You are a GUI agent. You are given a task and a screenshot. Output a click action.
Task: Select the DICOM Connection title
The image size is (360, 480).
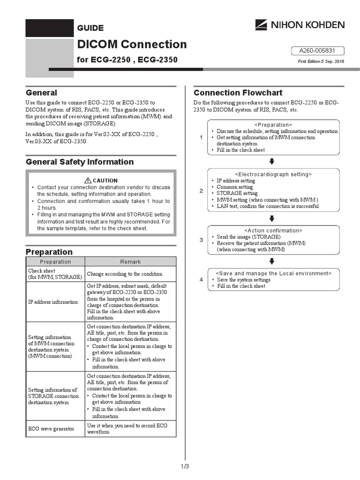pos(132,45)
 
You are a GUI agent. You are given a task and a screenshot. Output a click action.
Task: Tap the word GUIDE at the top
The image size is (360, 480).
pos(90,28)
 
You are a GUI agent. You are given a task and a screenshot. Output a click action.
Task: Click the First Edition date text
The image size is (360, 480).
pos(321,62)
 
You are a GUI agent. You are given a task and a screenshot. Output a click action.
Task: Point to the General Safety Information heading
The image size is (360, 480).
pos(80,162)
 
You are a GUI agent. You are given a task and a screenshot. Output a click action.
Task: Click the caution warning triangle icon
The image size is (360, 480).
pos(88,180)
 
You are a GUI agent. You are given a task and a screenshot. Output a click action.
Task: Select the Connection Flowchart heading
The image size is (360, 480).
pos(238,92)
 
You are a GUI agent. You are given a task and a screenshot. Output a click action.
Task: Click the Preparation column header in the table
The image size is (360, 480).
pos(55,262)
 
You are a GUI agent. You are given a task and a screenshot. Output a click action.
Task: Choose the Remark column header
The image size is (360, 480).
pos(130,262)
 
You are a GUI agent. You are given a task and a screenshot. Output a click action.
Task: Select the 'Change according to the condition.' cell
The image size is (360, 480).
pos(125,274)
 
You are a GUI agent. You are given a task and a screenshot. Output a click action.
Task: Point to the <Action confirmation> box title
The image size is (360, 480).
pos(273,231)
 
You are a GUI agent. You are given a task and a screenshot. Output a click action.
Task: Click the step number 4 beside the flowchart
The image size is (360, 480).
pos(201,280)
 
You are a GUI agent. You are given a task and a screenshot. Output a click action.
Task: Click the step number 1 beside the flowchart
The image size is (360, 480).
pos(201,137)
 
